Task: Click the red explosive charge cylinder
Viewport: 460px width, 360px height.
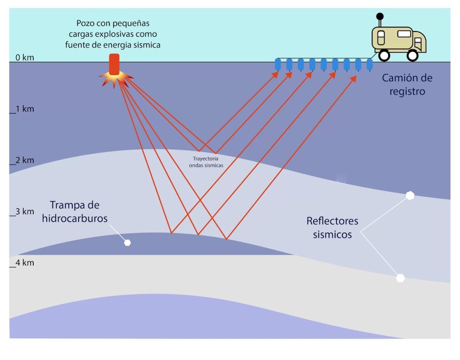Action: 114,64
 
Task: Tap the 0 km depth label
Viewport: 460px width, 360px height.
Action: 25,58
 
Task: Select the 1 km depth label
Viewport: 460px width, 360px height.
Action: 25,109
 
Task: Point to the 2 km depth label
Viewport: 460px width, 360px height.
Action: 25,160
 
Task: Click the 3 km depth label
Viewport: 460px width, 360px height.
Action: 25,212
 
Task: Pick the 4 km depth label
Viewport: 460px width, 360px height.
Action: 25,263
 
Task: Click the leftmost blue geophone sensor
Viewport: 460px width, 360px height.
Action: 278,65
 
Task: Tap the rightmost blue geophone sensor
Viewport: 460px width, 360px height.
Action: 369,65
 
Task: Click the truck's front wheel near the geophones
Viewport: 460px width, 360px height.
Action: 384,55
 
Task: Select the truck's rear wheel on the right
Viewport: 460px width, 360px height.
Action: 412,55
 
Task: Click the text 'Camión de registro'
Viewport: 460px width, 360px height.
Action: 407,84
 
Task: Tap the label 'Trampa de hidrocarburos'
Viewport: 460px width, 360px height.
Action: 75,211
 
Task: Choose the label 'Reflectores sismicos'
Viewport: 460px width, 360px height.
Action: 332,227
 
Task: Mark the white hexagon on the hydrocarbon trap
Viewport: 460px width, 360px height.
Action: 128,243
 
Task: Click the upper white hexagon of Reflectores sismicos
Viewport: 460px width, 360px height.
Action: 410,196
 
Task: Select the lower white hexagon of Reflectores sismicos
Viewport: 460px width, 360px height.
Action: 400,278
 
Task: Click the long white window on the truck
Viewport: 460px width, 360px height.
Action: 404,33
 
